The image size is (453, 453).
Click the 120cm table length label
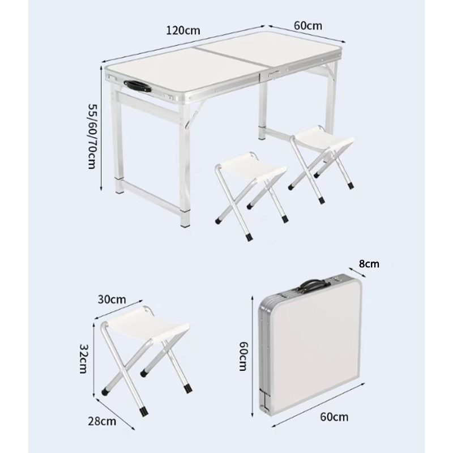tap(183, 30)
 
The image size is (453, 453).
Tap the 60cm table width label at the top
tap(308, 25)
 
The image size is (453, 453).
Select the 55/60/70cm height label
tap(93, 136)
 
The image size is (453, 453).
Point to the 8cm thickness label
tap(369, 264)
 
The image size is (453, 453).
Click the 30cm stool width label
tap(112, 300)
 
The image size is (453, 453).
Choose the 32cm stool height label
tap(84, 359)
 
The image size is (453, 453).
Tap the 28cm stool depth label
tap(102, 421)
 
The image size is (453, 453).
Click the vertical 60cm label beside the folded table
tap(243, 356)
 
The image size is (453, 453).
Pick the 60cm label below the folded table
tap(334, 417)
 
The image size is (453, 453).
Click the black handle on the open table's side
tap(138, 86)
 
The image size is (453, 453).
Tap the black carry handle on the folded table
tap(315, 284)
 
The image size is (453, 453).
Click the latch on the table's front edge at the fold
tap(275, 75)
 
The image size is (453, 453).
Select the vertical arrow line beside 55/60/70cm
tap(101, 129)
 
